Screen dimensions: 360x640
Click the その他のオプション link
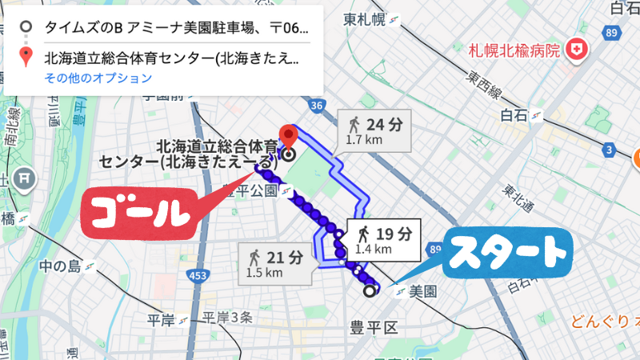(x=98, y=78)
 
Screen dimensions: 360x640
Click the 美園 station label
(x=423, y=292)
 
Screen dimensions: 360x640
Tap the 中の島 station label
(x=61, y=266)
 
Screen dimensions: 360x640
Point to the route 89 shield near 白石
(x=613, y=33)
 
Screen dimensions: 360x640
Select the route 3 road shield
(x=610, y=150)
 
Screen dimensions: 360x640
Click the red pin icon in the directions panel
(x=27, y=58)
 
